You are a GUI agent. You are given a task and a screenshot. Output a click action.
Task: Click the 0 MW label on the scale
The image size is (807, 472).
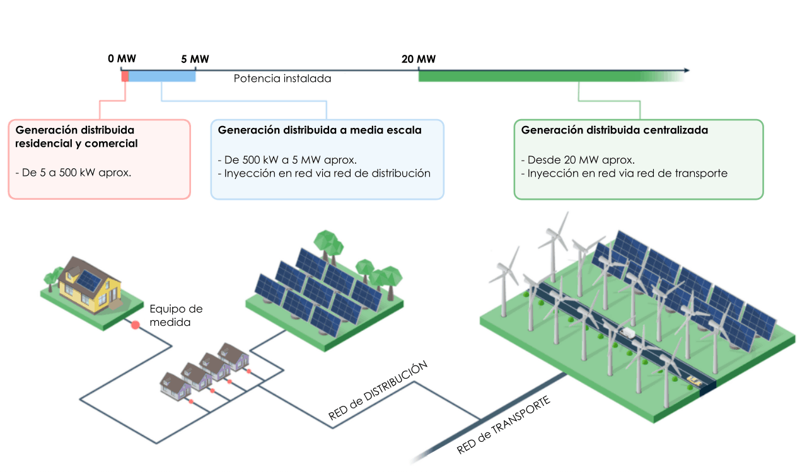tap(122, 59)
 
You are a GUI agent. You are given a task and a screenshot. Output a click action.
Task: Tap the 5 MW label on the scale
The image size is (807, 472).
tap(195, 59)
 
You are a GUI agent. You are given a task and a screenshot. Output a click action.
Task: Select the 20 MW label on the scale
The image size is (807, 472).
tap(419, 59)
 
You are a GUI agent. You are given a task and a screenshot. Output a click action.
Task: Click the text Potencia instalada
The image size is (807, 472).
tap(282, 79)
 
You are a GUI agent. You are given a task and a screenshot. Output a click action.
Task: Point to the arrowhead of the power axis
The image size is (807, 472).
tap(686, 71)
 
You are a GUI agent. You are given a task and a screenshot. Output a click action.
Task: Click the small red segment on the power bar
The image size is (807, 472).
tap(125, 76)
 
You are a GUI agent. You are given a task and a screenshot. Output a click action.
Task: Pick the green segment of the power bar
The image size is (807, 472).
tap(536, 76)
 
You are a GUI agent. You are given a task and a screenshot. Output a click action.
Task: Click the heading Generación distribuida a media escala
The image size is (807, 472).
tap(320, 130)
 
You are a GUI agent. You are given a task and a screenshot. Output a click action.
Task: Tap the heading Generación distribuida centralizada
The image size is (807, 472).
tap(615, 130)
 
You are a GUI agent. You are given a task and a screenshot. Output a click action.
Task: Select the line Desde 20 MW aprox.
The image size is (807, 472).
tap(578, 159)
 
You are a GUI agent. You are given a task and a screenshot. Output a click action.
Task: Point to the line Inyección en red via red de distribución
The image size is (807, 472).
tap(323, 173)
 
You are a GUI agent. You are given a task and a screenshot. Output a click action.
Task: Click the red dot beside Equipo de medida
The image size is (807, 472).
tap(135, 325)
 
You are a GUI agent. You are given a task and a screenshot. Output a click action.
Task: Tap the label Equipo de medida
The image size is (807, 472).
tap(176, 315)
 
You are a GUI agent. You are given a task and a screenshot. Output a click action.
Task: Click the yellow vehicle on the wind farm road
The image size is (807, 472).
tap(694, 379)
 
